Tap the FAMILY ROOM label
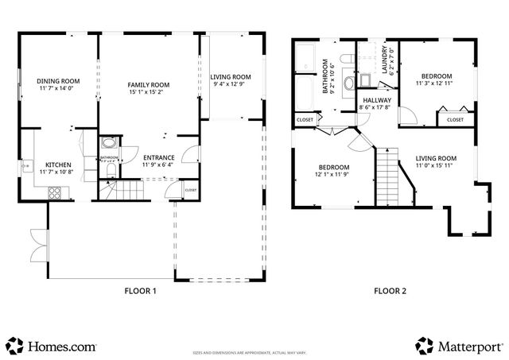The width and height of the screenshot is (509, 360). tap(149, 84)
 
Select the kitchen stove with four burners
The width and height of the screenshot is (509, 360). tap(56, 192)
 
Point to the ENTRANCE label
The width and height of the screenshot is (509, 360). tap(157, 157)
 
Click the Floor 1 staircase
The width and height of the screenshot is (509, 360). tap(123, 191)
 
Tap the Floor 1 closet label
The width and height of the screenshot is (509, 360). tap(191, 191)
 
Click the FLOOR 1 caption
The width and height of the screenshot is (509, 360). tap(140, 291)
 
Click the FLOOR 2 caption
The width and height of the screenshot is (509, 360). tap(390, 291)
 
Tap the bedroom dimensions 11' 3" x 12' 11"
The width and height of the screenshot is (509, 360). tap(437, 83)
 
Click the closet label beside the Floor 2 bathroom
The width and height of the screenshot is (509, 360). tap(305, 120)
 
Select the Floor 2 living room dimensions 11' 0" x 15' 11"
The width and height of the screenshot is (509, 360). tap(436, 166)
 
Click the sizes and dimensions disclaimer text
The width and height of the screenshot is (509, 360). tap(254, 351)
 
